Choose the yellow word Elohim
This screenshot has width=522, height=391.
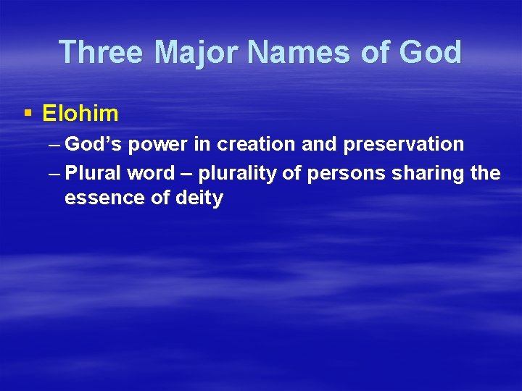80,113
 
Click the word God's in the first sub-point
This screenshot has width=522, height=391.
94,144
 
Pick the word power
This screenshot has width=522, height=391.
159,144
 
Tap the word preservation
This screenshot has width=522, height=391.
404,144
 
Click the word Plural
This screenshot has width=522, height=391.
94,173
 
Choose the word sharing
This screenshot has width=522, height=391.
430,173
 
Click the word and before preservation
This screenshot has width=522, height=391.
319,144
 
